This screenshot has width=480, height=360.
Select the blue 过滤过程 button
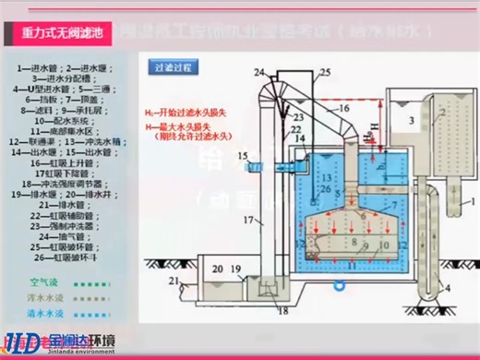(174, 67)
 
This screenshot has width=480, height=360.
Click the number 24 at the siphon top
(258, 72)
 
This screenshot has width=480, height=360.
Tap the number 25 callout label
(323, 72)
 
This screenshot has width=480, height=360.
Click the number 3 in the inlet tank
(408, 121)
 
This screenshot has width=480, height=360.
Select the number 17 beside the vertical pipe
(246, 220)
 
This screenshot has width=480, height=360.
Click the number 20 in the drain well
(218, 269)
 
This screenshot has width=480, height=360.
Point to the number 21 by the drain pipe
(174, 281)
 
